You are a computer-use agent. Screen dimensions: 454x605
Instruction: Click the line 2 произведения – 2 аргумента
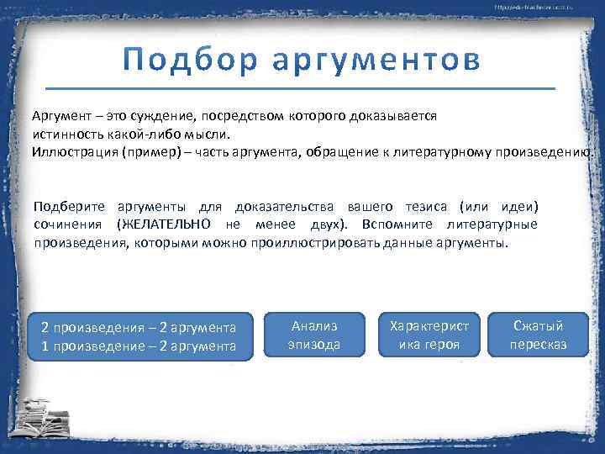tap(139, 327)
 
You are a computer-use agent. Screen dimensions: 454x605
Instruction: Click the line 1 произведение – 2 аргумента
tap(139, 346)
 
